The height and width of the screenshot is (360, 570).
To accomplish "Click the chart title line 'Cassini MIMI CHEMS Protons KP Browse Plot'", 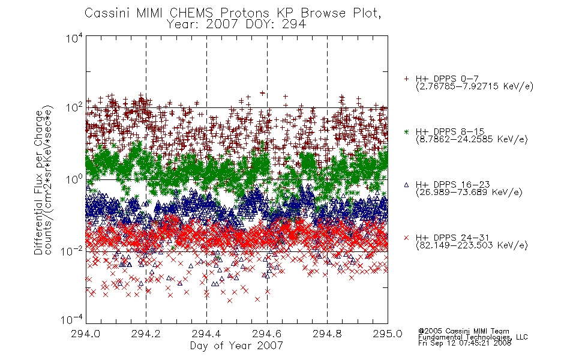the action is (x=233, y=13).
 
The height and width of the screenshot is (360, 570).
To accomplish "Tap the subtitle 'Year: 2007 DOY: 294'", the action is (x=236, y=25).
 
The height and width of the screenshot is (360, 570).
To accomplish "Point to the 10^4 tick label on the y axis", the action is (x=74, y=37).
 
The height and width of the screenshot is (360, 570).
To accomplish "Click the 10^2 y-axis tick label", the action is (x=74, y=108).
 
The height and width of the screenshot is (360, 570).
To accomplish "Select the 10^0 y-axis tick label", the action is (x=74, y=179).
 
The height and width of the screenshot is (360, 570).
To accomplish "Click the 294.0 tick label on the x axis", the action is (x=86, y=334).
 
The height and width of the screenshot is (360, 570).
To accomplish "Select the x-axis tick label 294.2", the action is (x=146, y=334).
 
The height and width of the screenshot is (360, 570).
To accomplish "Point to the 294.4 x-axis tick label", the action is (x=206, y=334).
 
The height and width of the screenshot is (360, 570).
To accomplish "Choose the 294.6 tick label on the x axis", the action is (x=267, y=334).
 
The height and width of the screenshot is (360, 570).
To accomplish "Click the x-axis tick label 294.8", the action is (x=327, y=334).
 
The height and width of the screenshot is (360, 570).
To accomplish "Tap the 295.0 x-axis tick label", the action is (x=388, y=334).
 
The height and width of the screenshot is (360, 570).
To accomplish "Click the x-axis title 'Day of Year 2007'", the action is (x=236, y=346).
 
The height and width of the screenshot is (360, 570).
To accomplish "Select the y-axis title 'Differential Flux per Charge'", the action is (x=38, y=182).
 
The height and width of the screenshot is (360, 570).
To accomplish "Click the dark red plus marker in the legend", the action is (x=406, y=79).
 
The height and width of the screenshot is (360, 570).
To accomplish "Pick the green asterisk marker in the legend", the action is (x=406, y=131).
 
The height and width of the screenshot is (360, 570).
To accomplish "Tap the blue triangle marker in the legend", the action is (x=406, y=185).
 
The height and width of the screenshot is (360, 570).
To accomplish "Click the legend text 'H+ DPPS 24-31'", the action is (x=452, y=238).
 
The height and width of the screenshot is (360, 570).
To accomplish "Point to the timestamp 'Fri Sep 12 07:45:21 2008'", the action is (x=464, y=343).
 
